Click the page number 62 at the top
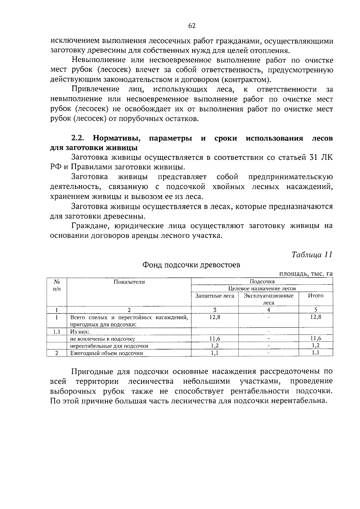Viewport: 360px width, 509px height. [192, 26]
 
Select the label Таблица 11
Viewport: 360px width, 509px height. [312, 255]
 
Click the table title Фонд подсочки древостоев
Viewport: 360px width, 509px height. [191, 265]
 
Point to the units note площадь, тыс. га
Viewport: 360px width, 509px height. [306, 274]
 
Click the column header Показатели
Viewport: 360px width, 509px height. [129, 282]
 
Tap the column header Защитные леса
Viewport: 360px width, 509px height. [215, 296]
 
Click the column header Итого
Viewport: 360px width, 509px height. [316, 296]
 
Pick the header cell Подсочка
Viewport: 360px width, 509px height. [262, 282]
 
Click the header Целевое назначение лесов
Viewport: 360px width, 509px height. [262, 289]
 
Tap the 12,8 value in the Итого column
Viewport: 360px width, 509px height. [316, 317]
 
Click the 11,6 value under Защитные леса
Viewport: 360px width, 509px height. [215, 339]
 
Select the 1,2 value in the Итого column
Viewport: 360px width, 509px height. [316, 346]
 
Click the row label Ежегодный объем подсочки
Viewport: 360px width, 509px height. [106, 353]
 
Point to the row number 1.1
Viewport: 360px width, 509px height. [56, 332]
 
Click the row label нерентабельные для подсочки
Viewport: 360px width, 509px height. [109, 346]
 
